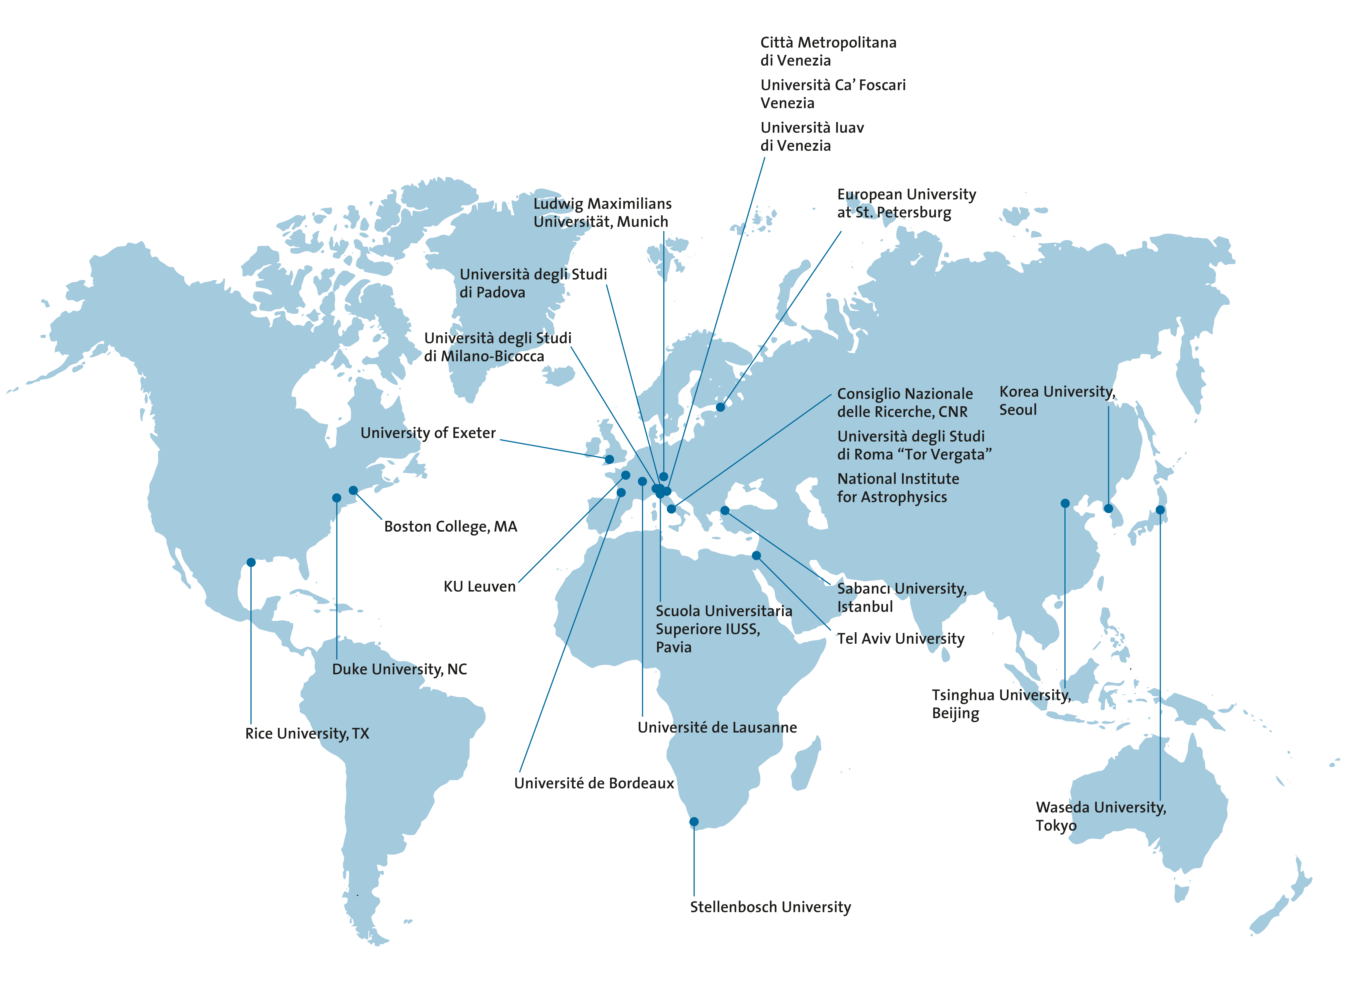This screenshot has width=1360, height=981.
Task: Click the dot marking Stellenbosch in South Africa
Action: pyautogui.click(x=694, y=821)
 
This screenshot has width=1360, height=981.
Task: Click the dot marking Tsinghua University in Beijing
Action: pyautogui.click(x=1065, y=503)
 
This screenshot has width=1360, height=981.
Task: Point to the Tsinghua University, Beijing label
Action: pyautogui.click(x=1001, y=704)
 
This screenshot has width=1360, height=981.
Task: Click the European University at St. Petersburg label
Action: pyautogui.click(x=906, y=203)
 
